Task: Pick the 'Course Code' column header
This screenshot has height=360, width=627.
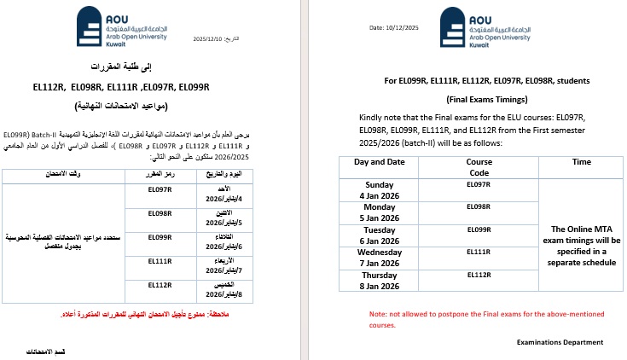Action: [x=479, y=166]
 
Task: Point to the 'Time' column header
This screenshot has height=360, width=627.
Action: [x=581, y=161]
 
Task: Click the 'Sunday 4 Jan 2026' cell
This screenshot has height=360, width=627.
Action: [x=380, y=189]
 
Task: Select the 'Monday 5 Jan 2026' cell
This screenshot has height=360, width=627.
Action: [x=380, y=212]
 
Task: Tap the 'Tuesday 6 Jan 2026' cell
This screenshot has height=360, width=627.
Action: [x=380, y=235]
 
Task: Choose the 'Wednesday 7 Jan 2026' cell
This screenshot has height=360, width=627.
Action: [x=380, y=258]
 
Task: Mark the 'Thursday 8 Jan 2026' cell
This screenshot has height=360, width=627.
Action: [x=380, y=281]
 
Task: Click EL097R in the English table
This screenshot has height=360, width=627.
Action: [x=479, y=184]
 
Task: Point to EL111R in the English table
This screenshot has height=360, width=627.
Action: [x=479, y=253]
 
